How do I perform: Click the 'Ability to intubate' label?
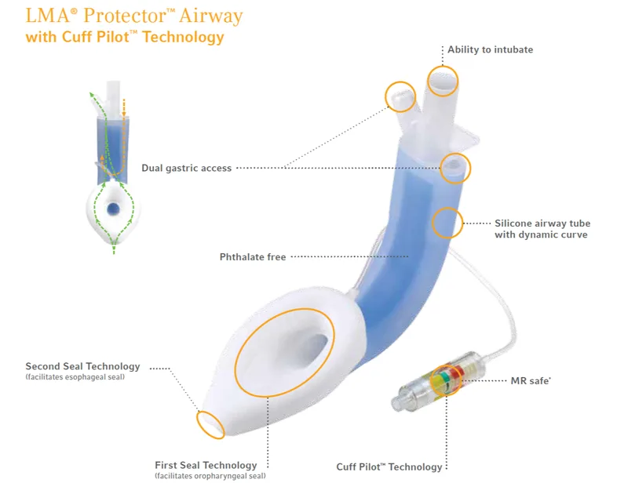[490, 50]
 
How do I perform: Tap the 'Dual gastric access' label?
[186, 168]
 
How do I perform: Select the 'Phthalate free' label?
[253, 256]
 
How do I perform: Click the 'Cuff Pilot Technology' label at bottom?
[389, 467]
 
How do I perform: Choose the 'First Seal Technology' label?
[206, 465]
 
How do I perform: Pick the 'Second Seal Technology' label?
[82, 366]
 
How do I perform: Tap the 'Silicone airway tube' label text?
[541, 223]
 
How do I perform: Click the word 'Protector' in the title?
[126, 16]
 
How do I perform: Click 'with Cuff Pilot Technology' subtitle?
[124, 38]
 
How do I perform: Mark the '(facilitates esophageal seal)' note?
[74, 378]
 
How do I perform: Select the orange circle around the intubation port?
[442, 80]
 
